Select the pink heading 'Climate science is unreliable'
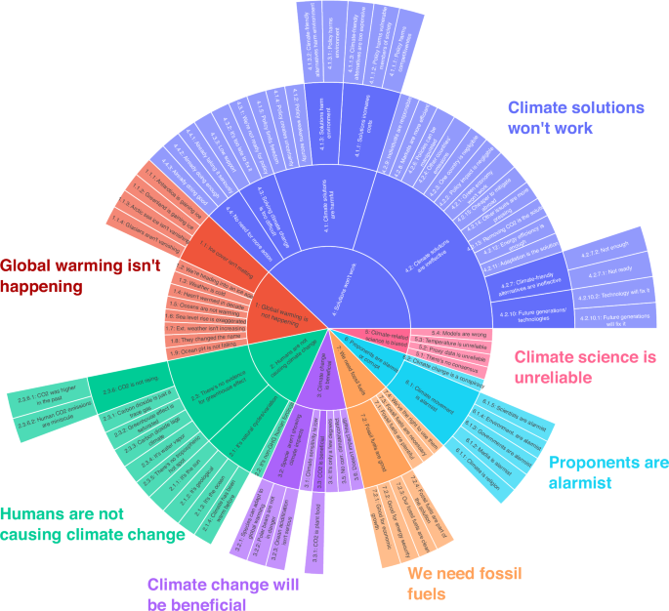580,372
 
